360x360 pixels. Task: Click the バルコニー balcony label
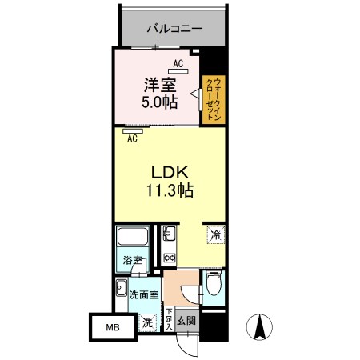point(174,28)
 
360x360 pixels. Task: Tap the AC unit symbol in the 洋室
point(178,71)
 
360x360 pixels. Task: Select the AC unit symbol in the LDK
point(133,131)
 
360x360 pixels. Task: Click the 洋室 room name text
point(160,85)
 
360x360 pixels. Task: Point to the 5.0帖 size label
point(160,102)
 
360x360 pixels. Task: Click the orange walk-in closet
point(214,100)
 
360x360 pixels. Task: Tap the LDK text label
point(170,173)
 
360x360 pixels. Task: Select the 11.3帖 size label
point(170,190)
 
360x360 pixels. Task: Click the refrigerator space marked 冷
point(216,234)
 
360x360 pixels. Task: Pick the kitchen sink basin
point(169,233)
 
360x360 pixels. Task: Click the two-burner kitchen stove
point(169,258)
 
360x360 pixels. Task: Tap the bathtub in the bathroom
point(133,236)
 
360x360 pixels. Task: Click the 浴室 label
point(132,260)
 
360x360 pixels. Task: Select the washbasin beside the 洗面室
point(122,287)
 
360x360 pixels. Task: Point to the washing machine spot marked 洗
point(147,322)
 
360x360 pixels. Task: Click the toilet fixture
point(214,284)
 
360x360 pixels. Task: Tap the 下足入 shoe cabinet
point(169,319)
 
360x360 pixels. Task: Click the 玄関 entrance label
point(186,321)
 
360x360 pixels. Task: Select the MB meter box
point(113,327)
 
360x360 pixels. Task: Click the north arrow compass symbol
point(259,327)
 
